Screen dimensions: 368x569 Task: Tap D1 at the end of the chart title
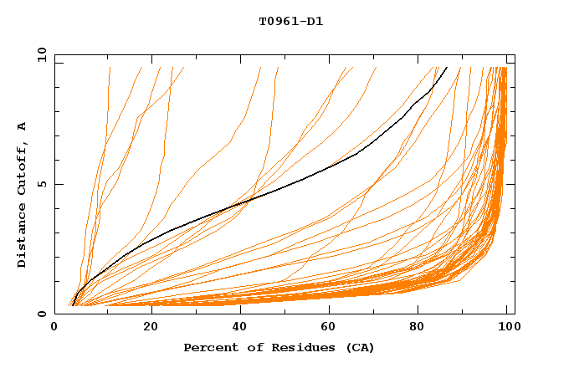(x=315, y=22)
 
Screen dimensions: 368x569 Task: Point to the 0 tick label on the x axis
(x=54, y=327)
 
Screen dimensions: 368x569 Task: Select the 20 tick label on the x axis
(x=146, y=327)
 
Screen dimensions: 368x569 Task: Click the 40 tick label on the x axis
(x=236, y=327)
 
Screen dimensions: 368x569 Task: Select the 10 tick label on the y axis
(x=39, y=54)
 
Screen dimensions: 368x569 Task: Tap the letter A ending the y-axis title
(x=23, y=126)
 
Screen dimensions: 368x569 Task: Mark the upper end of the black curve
(x=447, y=68)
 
